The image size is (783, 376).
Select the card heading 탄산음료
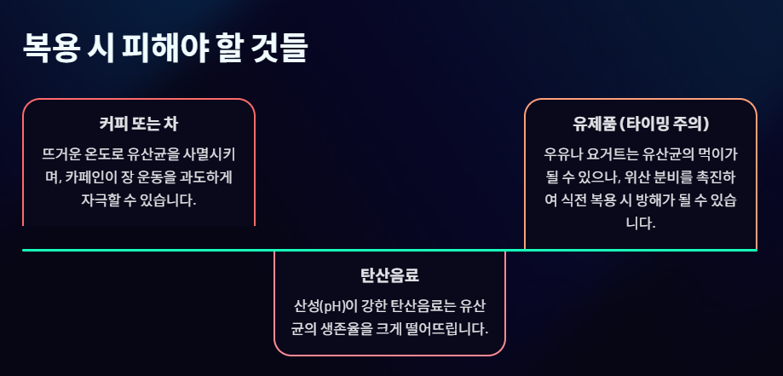389,275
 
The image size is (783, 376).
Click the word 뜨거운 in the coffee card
63,154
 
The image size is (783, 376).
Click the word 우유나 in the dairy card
562,154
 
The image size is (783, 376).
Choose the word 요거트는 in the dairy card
612,154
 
